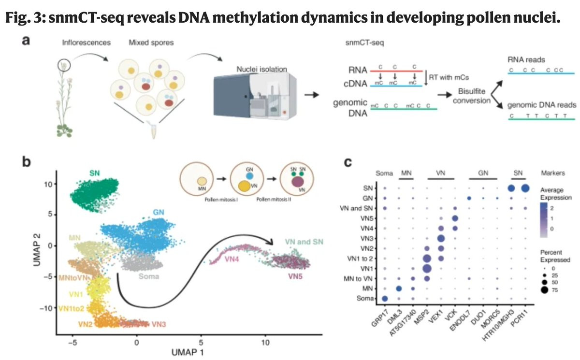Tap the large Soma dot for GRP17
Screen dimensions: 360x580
pyautogui.click(x=385, y=299)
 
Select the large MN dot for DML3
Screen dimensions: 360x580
pyautogui.click(x=399, y=288)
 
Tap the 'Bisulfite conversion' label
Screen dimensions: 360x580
pyautogui.click(x=476, y=95)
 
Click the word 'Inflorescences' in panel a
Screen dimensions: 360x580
pyautogui.click(x=87, y=43)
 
